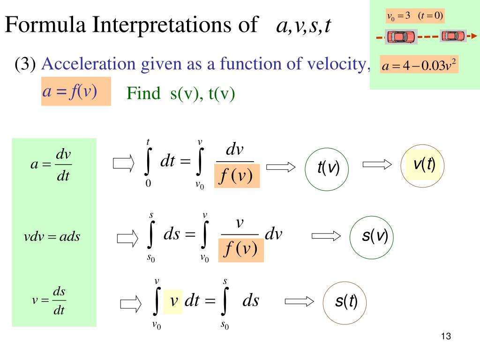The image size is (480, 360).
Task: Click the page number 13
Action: point(446,336)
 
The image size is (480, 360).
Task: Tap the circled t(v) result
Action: point(327,169)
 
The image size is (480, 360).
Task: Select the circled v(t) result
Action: point(422,166)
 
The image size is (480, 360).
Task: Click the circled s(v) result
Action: point(372,237)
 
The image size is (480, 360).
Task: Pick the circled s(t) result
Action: point(345,303)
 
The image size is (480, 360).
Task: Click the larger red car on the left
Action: point(401,37)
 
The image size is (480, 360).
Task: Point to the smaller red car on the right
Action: point(453,36)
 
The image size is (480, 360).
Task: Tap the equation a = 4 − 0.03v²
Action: point(419,65)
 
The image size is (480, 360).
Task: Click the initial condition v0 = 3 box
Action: point(415,16)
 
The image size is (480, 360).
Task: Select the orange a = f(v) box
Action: point(76,91)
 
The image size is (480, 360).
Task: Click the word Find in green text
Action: point(143,93)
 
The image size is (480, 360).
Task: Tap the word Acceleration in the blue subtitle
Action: point(89,64)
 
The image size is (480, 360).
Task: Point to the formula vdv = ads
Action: point(52,237)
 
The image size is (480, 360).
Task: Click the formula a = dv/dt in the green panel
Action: point(51,165)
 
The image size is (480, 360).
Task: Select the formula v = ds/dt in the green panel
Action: point(49,300)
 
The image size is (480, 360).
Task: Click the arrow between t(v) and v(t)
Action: point(377,165)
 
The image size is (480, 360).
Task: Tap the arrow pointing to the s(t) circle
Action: point(299,301)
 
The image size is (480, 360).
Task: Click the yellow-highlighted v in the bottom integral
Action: point(173,302)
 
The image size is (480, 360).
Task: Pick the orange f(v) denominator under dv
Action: point(237,176)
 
